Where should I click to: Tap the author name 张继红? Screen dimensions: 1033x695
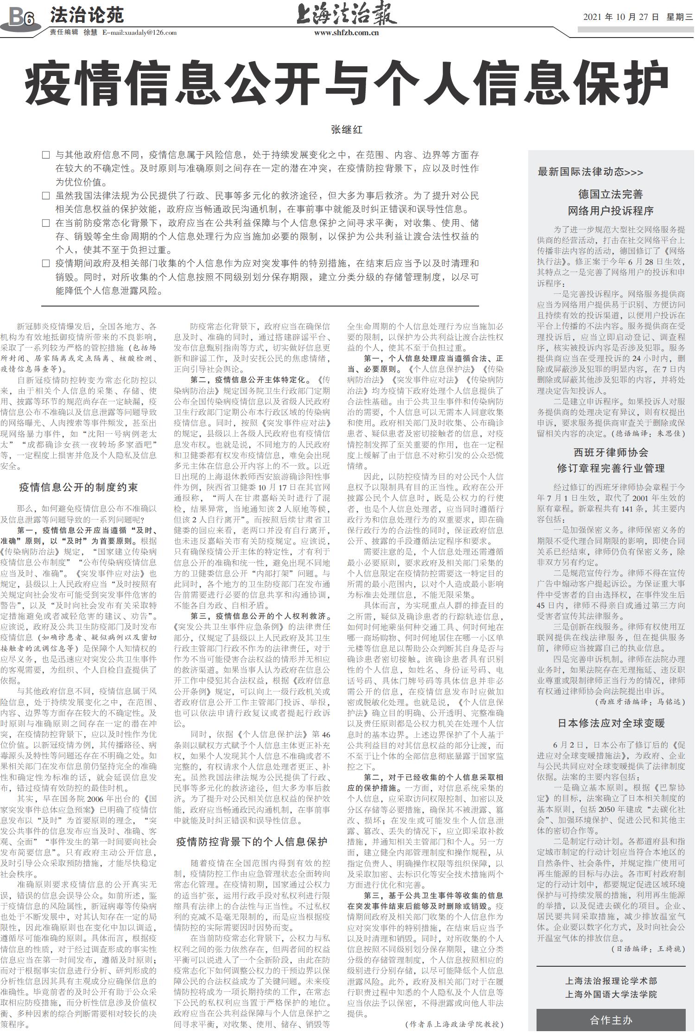pos(347,130)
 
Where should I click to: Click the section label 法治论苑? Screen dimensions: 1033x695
pos(87,15)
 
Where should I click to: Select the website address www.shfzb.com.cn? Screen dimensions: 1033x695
pos(347,33)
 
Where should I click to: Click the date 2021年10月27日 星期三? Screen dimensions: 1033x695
pos(638,17)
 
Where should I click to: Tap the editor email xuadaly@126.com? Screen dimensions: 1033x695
pos(139,33)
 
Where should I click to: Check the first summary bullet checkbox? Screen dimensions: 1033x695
pos(45,155)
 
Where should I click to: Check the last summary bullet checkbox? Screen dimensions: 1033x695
pos(45,264)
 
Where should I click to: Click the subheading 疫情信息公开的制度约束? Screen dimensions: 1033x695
pos(78,487)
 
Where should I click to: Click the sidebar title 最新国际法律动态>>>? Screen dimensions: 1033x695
pos(590,172)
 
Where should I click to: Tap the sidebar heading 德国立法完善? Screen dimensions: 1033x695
pos(610,194)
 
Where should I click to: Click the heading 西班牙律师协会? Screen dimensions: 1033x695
pos(611,452)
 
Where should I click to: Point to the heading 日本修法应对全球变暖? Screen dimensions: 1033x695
pos(611,723)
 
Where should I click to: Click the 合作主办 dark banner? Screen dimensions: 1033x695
pos(611,1020)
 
